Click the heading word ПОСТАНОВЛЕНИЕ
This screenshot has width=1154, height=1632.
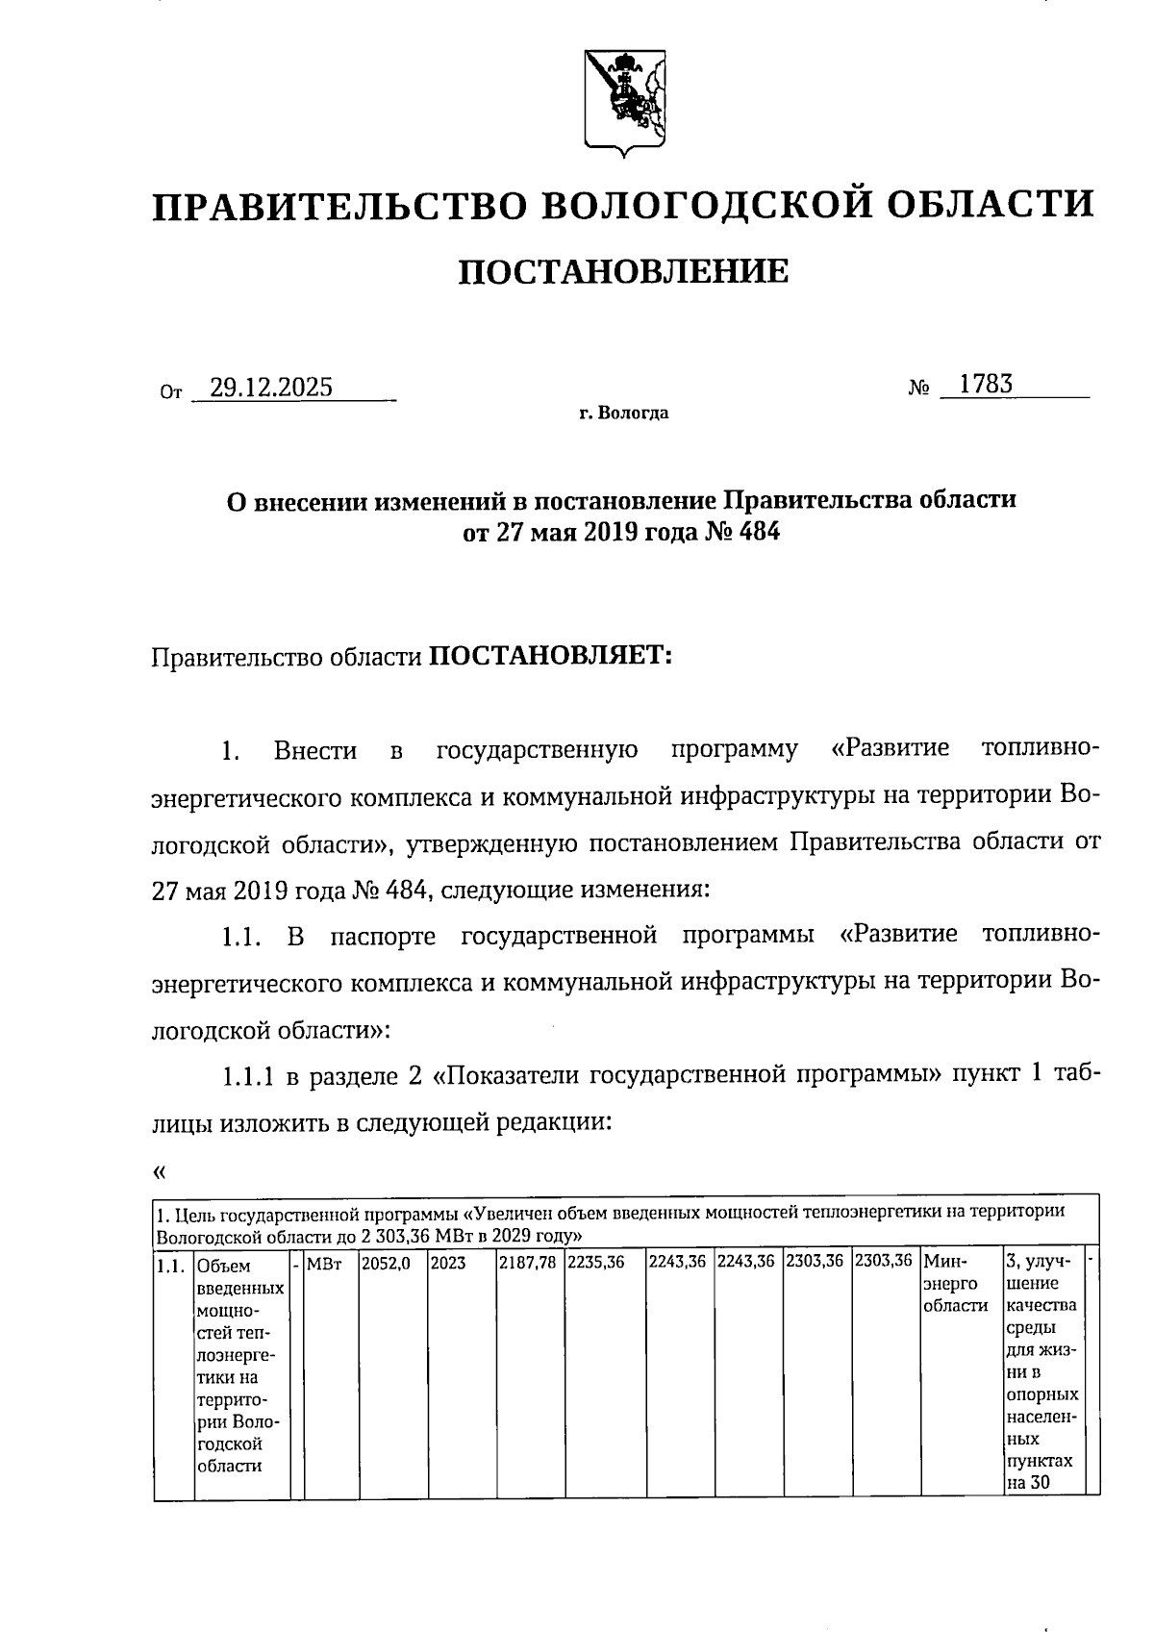[x=622, y=272]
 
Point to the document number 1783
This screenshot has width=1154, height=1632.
[x=986, y=385]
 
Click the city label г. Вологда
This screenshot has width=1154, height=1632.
[x=623, y=414]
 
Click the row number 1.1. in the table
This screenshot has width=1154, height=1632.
[x=170, y=1266]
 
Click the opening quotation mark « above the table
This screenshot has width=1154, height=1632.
[x=159, y=1171]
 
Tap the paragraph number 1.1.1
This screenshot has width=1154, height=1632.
[x=248, y=1076]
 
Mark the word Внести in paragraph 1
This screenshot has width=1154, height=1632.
[x=314, y=750]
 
